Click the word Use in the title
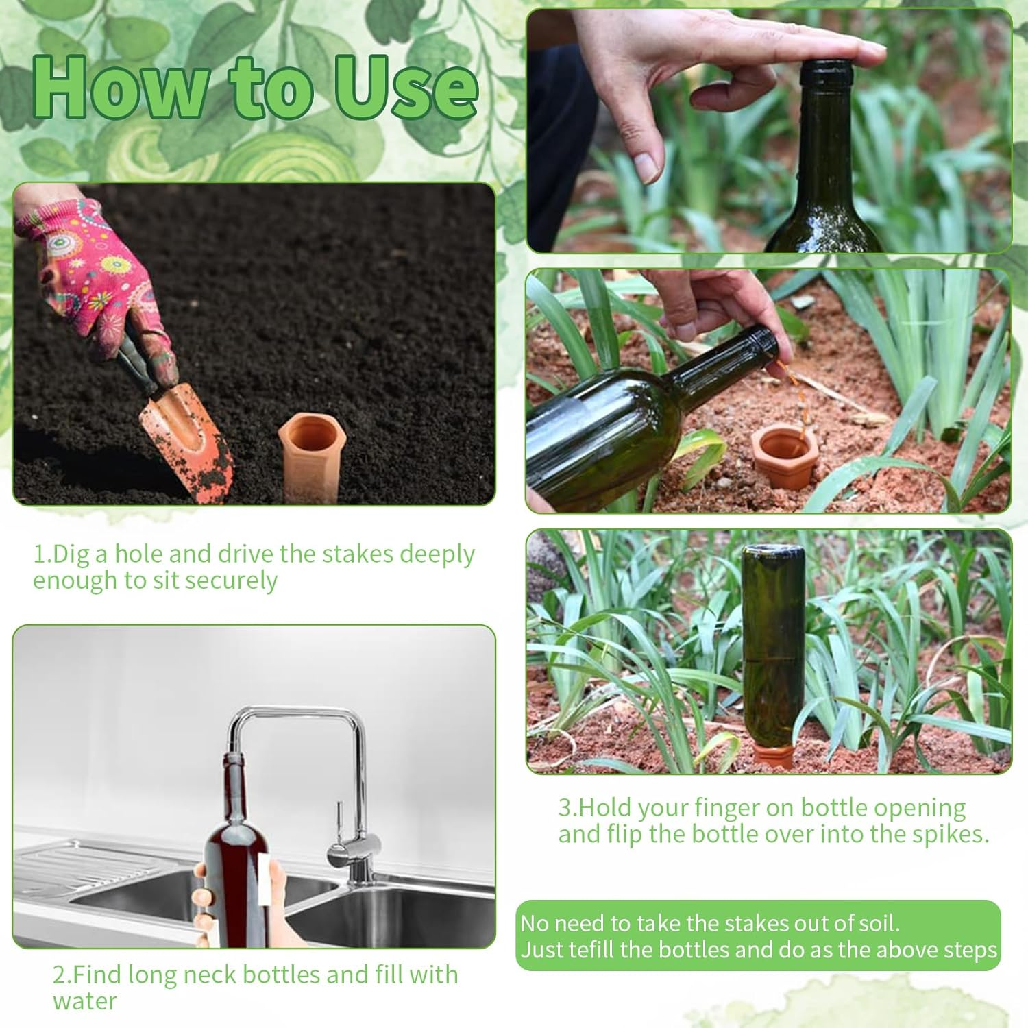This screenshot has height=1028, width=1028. pyautogui.click(x=406, y=87)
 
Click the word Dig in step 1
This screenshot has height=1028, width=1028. pyautogui.click(x=71, y=554)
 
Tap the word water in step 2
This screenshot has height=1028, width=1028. pyautogui.click(x=85, y=1001)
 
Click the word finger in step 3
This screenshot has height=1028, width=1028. pyautogui.click(x=726, y=808)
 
